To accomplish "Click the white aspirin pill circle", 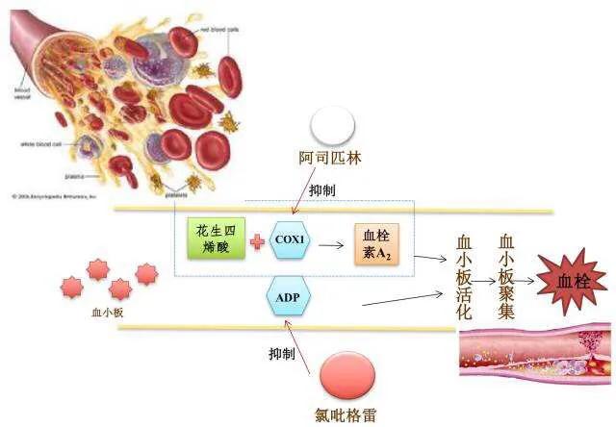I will (x=328, y=124).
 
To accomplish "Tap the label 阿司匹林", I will (x=328, y=160).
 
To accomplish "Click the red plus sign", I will (x=257, y=241).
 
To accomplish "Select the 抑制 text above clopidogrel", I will (x=281, y=354).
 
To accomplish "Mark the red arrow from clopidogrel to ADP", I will (x=303, y=346).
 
